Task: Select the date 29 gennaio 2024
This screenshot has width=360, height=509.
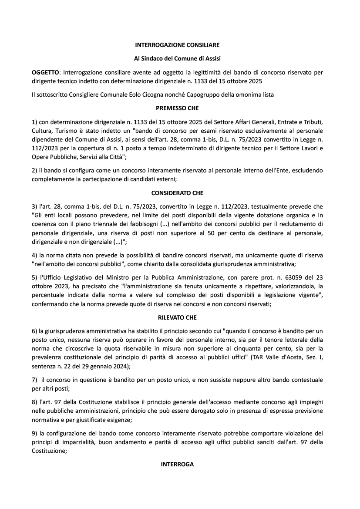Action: pos(103,367)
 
